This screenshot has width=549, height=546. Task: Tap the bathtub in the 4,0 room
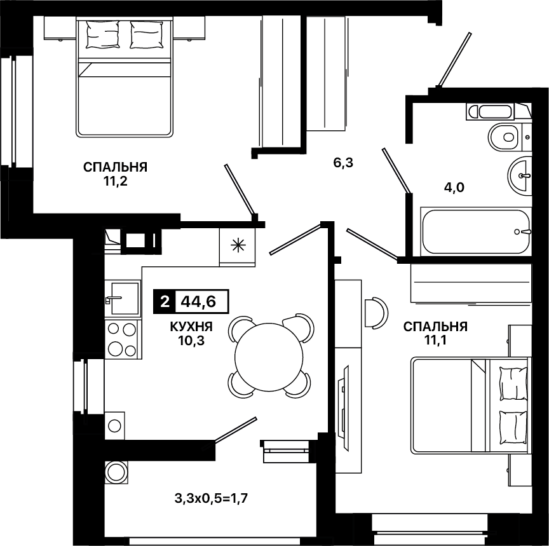pos(475,231)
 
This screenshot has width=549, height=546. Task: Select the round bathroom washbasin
pos(520,174)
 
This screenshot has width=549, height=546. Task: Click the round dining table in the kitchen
pos(269,357)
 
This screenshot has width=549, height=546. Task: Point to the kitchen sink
pos(123,298)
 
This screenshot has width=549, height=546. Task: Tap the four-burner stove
pos(123,339)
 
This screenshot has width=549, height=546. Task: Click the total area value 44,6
pos(198,301)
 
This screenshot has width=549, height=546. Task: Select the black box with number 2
pos(165,301)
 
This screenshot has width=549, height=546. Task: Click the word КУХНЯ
pos(191,327)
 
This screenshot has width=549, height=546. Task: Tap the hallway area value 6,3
pos(343,163)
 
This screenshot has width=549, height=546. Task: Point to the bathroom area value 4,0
pos(454,188)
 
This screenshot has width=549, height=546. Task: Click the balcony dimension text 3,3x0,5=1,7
pos(211,498)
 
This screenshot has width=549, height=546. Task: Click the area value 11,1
pos(435,341)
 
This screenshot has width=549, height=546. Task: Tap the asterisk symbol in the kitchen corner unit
pos(238,245)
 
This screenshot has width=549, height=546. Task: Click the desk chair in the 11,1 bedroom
pos(376,313)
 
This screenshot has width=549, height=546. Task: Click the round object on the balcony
pos(116,472)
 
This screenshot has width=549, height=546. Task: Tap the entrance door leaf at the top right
pos(454,59)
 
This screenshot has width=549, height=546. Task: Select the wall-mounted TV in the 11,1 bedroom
pos(344,407)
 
